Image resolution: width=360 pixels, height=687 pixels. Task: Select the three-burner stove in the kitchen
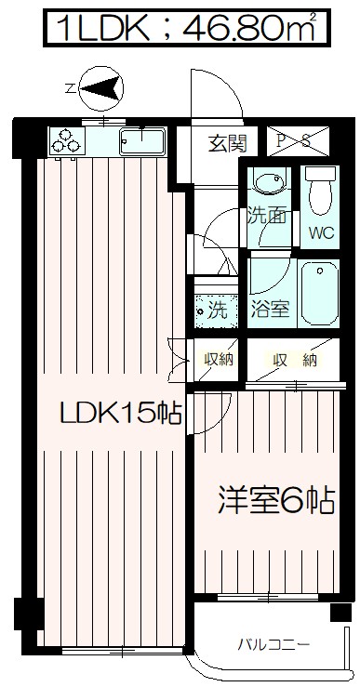[66, 140]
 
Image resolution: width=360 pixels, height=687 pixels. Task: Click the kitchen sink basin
[140, 143]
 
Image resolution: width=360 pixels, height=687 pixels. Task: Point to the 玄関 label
[226, 143]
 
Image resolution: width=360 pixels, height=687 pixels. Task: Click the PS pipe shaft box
[297, 141]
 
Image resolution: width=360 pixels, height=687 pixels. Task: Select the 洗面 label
[266, 216]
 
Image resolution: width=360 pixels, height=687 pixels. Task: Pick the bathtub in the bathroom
[319, 291]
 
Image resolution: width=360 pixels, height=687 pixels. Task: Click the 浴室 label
[270, 310]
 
